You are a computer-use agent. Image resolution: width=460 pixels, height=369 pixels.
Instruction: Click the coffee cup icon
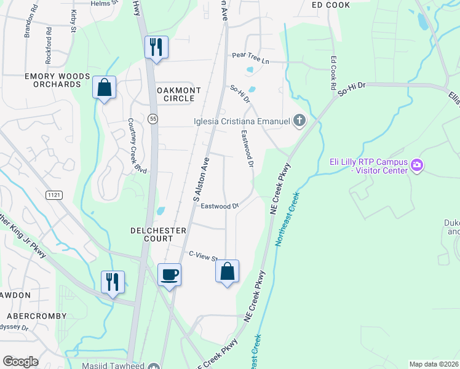point(169,274)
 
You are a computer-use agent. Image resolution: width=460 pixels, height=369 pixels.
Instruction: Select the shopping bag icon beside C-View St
point(227,271)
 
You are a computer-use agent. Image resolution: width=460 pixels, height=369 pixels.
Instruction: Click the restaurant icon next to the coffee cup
point(113,282)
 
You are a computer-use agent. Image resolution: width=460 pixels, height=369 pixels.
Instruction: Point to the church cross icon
point(299,120)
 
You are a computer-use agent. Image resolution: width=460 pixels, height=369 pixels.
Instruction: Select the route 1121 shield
point(54,194)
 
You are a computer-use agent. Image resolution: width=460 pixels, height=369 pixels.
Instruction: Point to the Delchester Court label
point(158,231)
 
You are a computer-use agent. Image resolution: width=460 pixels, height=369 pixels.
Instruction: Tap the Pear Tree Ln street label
point(250,55)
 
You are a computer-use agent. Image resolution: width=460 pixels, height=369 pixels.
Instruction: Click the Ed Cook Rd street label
point(333,71)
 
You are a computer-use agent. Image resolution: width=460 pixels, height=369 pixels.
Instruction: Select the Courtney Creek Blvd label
point(137,146)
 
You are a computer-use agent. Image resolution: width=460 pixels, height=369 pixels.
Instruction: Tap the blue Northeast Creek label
point(287,220)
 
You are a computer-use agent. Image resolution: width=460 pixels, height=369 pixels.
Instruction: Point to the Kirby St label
point(73,20)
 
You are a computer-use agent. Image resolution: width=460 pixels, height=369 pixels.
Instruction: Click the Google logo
point(20,361)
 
